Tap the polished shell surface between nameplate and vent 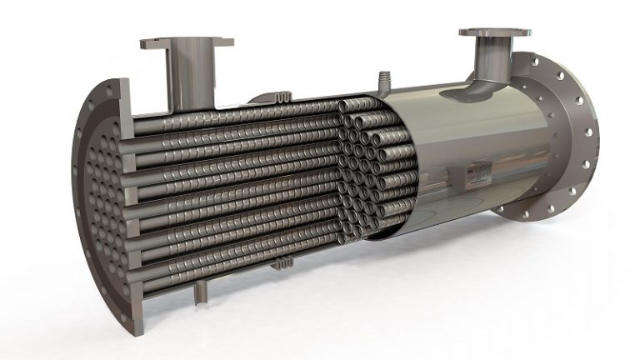pos(433,125)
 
